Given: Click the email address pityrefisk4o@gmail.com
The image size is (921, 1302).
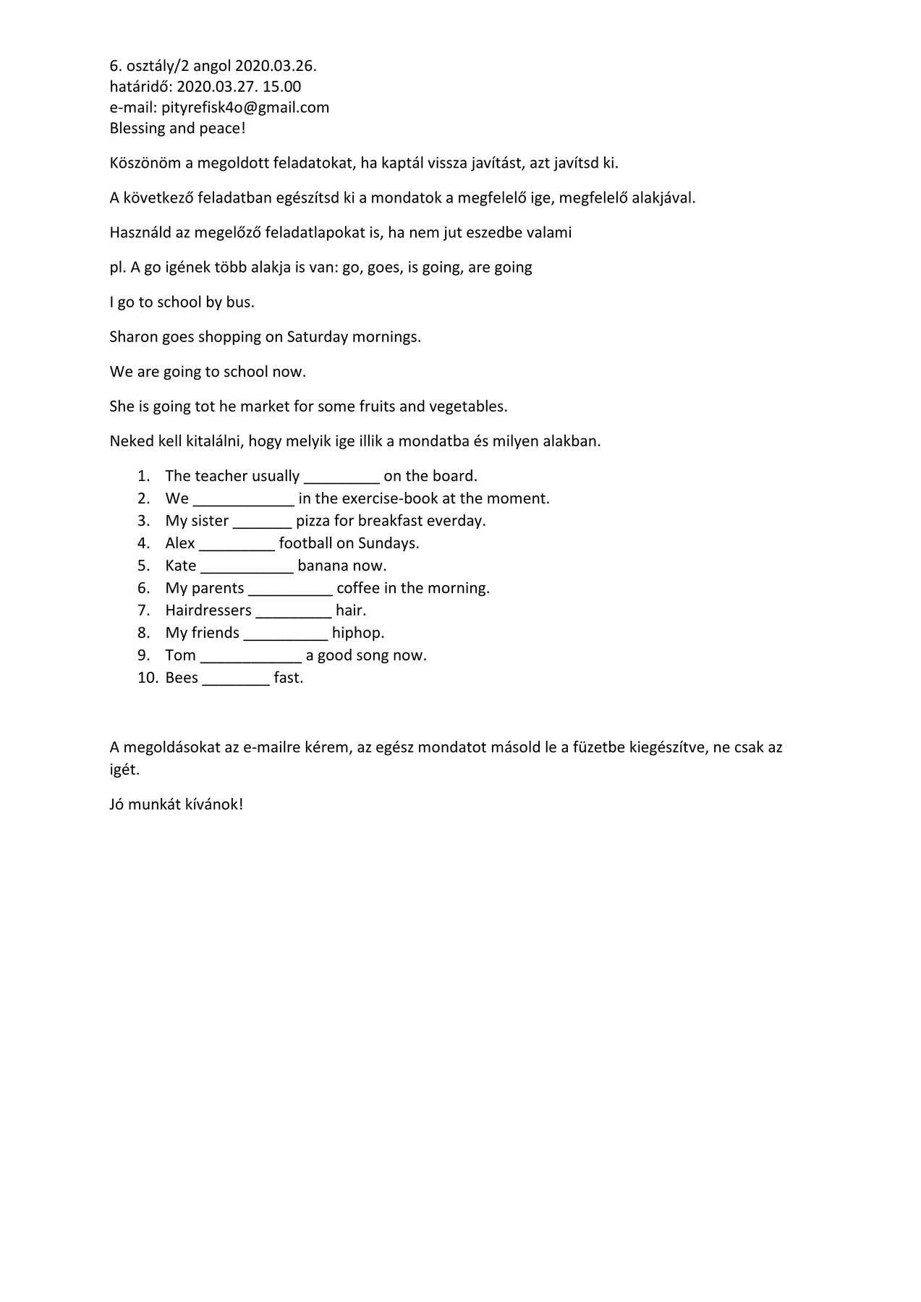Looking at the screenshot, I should (x=245, y=108).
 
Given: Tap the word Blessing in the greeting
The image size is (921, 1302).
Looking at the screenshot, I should (x=137, y=129).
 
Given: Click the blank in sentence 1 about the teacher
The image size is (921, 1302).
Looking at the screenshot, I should (x=341, y=477).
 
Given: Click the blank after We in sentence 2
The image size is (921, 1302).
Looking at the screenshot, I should (x=243, y=499).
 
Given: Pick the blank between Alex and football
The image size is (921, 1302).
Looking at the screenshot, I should (x=237, y=544).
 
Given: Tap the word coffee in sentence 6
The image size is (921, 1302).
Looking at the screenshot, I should (x=359, y=588).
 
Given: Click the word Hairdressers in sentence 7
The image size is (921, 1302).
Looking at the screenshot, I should (x=208, y=610).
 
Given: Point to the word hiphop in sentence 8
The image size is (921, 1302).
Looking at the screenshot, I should (x=358, y=633).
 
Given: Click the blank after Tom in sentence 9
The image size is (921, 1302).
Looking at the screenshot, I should (x=250, y=656).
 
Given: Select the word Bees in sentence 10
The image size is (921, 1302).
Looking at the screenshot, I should (x=182, y=678).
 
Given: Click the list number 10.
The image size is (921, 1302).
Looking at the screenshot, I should (x=148, y=678).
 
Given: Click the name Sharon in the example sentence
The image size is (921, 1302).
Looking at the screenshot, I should (x=133, y=337).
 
